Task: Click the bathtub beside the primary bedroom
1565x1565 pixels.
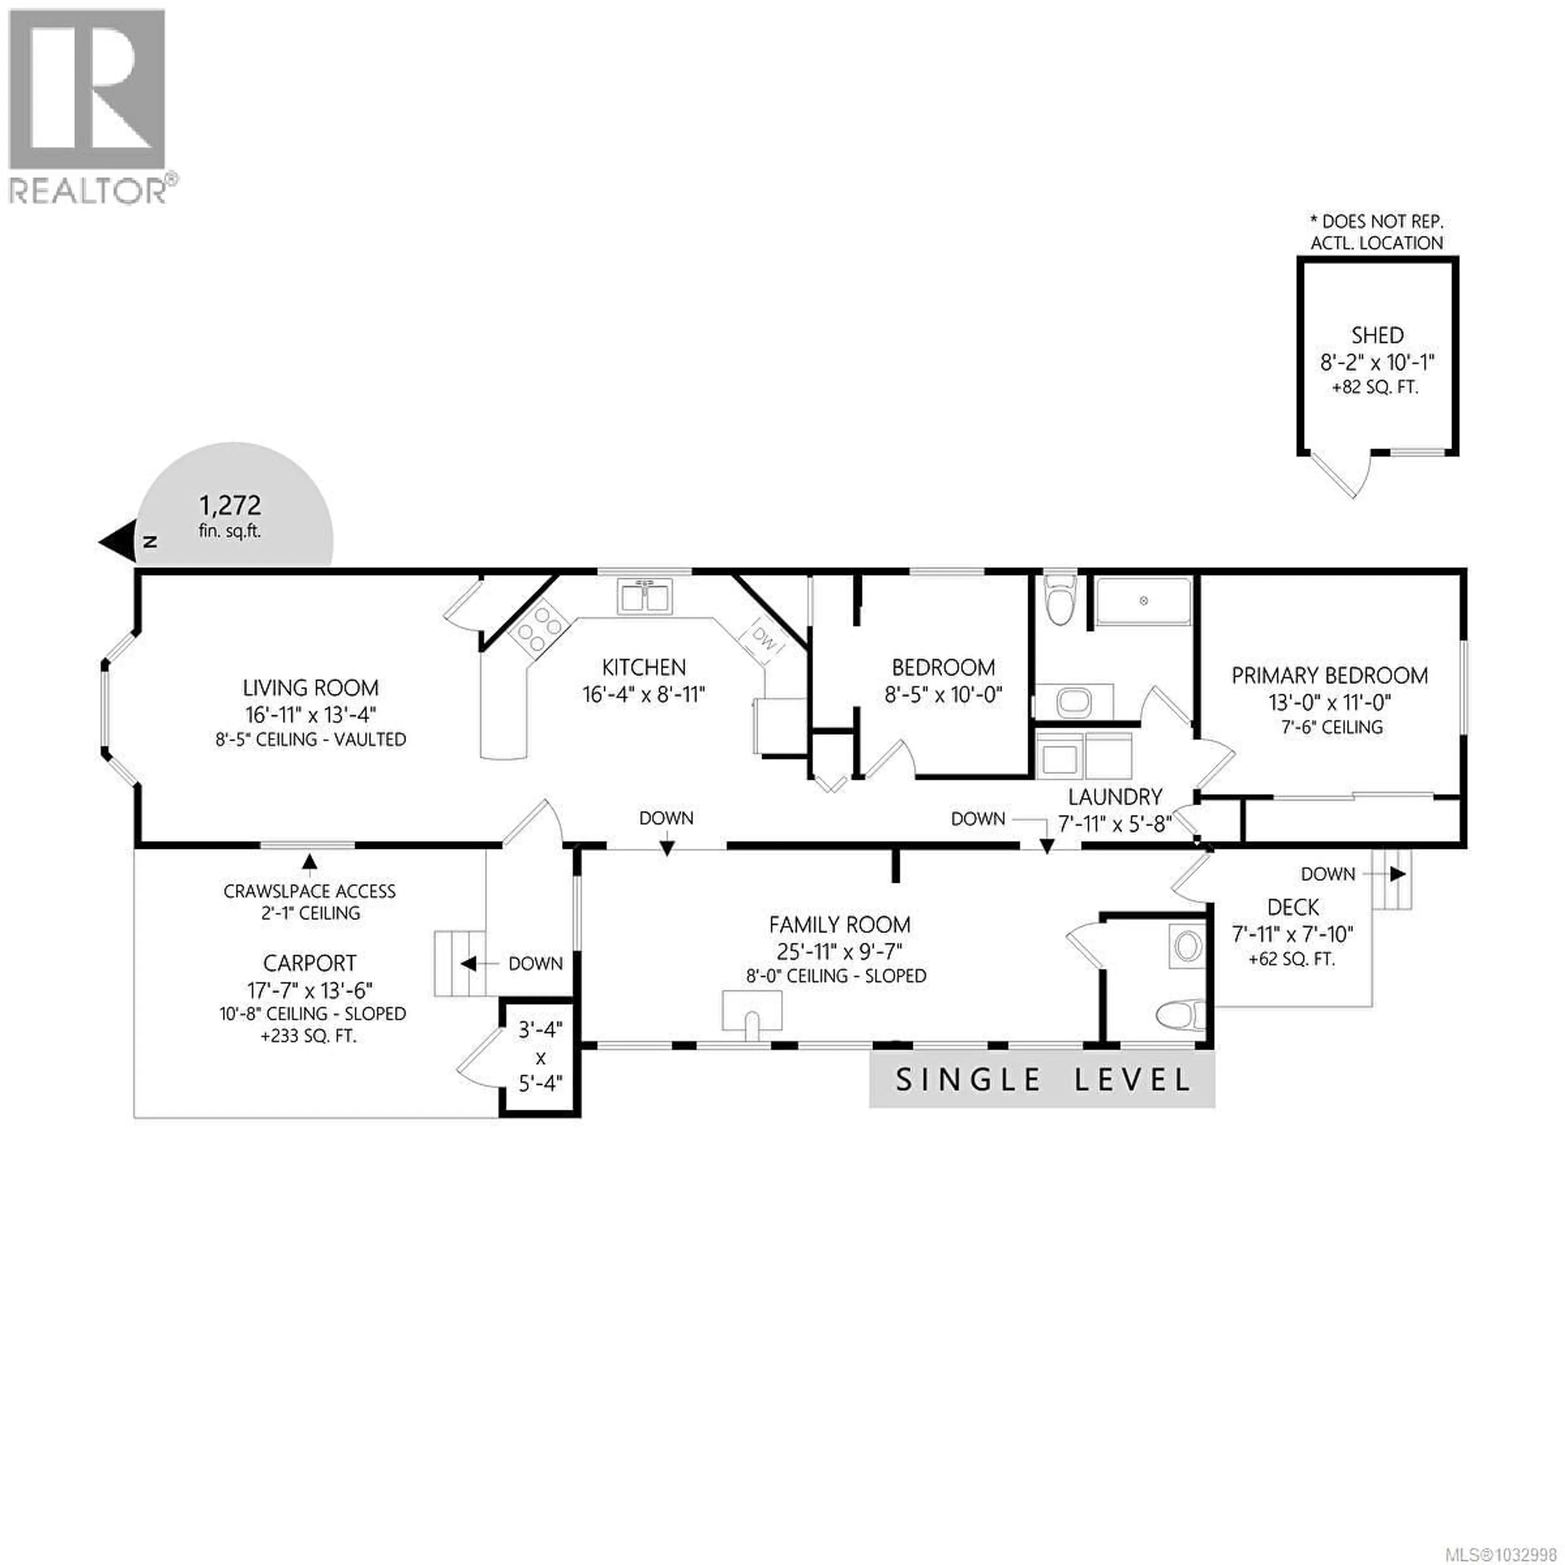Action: click(x=1143, y=602)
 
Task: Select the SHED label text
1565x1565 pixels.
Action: click(x=1377, y=335)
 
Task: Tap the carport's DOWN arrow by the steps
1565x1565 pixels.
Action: click(x=468, y=964)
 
